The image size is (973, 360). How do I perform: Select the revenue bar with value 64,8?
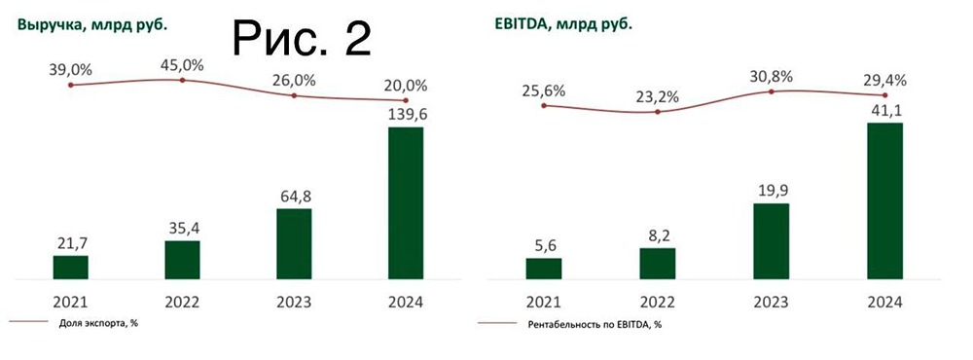(x=294, y=244)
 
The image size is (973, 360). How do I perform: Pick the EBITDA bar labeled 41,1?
(x=884, y=201)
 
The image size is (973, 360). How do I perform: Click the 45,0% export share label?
(x=182, y=65)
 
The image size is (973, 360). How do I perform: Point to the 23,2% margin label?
(x=658, y=97)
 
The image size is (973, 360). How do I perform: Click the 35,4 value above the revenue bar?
(x=183, y=228)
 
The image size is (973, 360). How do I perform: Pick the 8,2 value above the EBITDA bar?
(x=657, y=234)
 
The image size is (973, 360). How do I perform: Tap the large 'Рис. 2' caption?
(x=303, y=36)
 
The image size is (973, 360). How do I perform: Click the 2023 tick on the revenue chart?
(x=294, y=303)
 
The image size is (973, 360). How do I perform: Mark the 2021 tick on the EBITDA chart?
(x=544, y=303)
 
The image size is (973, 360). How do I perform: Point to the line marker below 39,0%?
(x=70, y=86)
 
